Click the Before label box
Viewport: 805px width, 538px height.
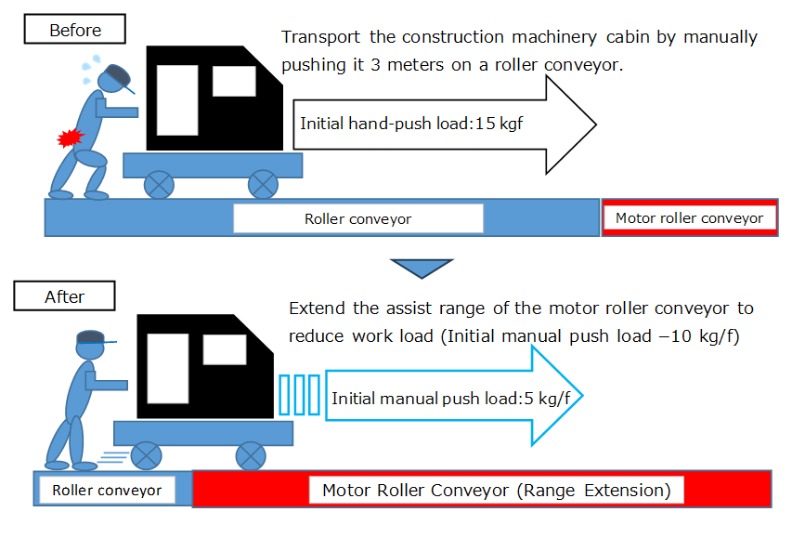coord(75,30)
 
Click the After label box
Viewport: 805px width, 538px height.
coord(65,297)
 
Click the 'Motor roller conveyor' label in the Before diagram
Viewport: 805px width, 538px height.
coord(689,218)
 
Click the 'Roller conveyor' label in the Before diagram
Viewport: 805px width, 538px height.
coord(357,219)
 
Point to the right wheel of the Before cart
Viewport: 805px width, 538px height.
coord(264,184)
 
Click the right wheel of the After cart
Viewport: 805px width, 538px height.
coord(250,455)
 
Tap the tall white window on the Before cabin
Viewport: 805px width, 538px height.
coord(176,98)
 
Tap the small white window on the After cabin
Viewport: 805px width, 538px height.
coord(224,349)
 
